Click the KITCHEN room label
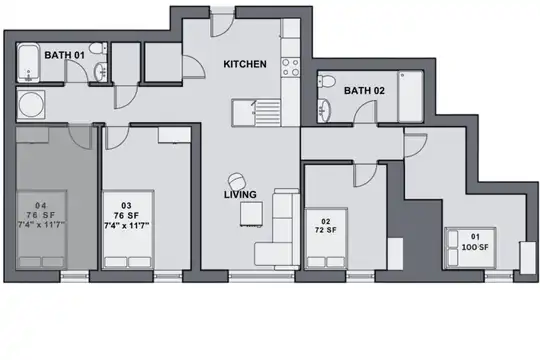(x=245, y=64)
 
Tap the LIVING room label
(x=240, y=195)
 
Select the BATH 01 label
(x=64, y=55)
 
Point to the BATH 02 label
(x=364, y=91)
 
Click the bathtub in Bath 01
(x=28, y=62)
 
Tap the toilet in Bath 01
(x=98, y=48)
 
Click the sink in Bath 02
(x=324, y=111)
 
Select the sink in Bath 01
(x=101, y=72)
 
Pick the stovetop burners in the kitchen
(x=290, y=67)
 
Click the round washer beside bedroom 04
(x=31, y=105)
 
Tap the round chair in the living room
(x=237, y=181)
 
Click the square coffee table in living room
(x=251, y=214)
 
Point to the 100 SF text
(x=475, y=247)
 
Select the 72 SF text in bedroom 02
(x=325, y=230)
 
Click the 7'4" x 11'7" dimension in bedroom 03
(x=126, y=226)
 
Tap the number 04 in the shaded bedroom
(x=41, y=206)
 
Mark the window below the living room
(x=262, y=275)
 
